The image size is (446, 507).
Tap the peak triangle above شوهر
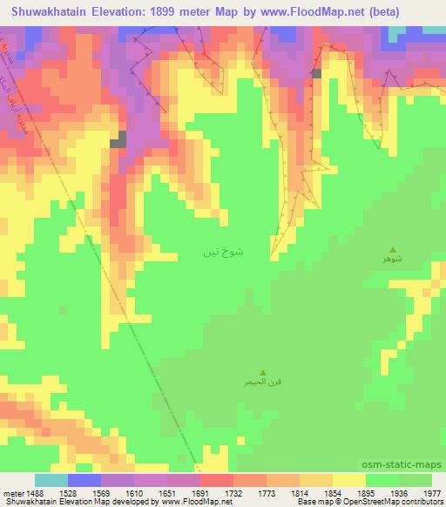click(x=392, y=249)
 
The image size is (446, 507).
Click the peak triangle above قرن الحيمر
click(x=264, y=369)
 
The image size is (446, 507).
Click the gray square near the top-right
click(x=317, y=74)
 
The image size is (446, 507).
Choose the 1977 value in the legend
click(x=431, y=492)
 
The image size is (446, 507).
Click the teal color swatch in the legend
click(x=51, y=480)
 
